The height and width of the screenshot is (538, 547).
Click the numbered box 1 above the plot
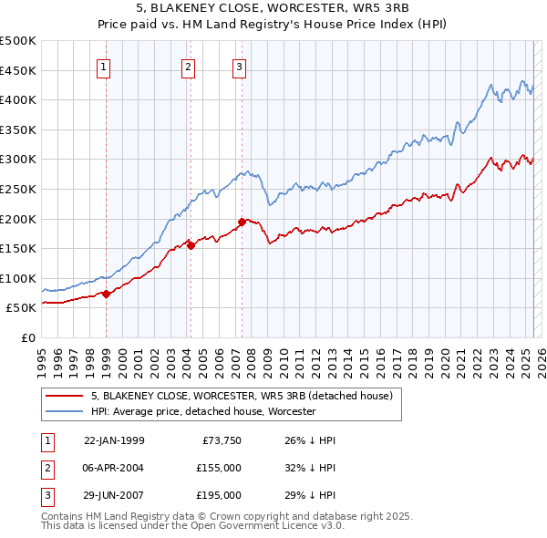pos(103,67)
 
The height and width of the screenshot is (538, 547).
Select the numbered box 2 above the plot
pos(188,67)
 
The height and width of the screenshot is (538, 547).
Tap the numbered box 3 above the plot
pos(239,67)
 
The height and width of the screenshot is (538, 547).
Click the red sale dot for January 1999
pos(106,294)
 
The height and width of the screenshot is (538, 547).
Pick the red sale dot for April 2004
pos(191,244)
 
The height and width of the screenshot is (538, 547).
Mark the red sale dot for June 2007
pos(242,221)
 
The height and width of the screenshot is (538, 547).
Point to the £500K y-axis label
pos(18,41)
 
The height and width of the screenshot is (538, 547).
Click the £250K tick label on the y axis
pos(18,189)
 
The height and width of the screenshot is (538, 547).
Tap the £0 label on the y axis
pos(28,337)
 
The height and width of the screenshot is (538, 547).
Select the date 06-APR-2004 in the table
pos(114,468)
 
